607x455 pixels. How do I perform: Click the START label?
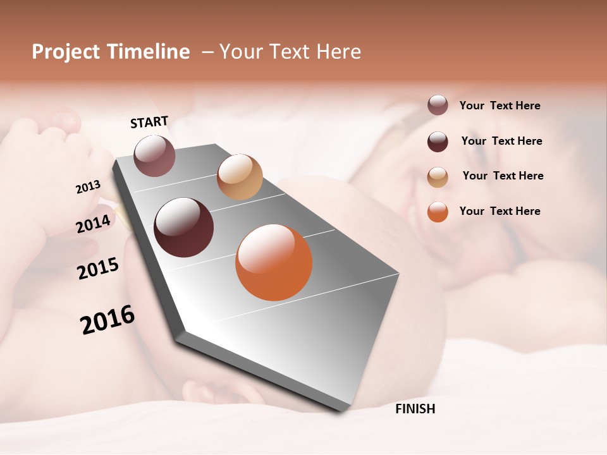149,122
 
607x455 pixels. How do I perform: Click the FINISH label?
415,409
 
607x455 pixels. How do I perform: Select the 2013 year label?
89,187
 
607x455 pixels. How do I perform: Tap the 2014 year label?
94,224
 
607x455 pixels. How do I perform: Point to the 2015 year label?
98,269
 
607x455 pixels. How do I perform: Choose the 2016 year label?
107,320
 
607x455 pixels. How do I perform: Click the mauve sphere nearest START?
154,155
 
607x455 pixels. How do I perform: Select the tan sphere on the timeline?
240,177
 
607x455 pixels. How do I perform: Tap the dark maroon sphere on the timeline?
184,227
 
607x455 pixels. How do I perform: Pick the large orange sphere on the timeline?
274,262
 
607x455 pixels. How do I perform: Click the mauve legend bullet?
438,106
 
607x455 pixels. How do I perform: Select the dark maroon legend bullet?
438,142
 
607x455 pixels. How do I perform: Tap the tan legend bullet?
438,177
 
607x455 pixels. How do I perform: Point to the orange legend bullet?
438,212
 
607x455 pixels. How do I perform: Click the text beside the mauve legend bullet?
500,106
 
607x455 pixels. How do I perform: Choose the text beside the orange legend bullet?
500,211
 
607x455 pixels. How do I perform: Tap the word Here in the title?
339,52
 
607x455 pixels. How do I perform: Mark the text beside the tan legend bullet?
503,176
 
